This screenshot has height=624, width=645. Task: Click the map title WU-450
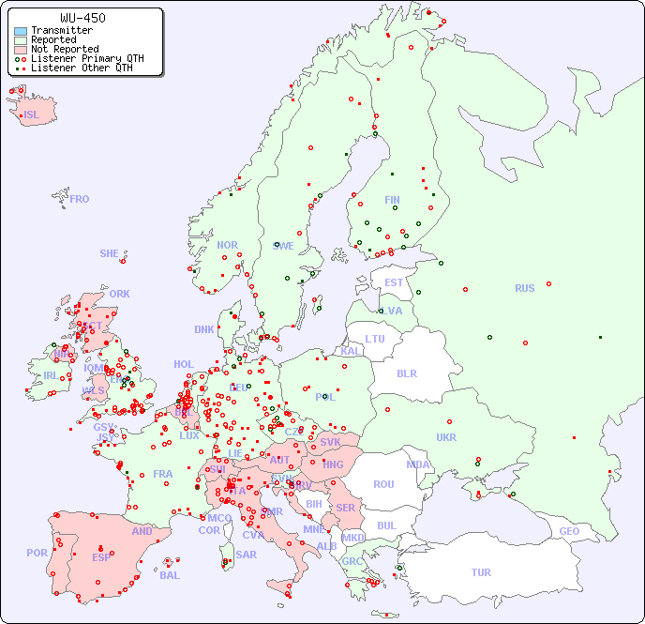point(82,18)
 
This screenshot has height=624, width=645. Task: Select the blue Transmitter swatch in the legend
point(21,30)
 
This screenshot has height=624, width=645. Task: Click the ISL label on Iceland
point(32,115)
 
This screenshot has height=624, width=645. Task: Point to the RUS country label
point(524,288)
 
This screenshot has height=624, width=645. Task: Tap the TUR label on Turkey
point(481,572)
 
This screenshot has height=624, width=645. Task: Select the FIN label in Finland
point(392,200)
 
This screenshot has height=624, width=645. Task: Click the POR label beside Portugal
point(37,553)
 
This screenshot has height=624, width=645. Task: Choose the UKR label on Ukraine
point(446,437)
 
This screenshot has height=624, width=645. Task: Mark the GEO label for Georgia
point(569,531)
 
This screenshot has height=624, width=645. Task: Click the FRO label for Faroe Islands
point(80,199)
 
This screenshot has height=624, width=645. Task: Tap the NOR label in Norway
point(227,245)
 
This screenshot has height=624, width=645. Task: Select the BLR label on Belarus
point(406,373)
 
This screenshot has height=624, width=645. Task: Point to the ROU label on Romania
point(383,484)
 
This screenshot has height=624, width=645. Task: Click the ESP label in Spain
point(101,556)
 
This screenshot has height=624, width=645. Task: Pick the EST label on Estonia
point(394,282)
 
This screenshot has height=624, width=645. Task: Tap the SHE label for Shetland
point(110,253)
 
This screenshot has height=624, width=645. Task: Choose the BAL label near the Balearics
point(169,575)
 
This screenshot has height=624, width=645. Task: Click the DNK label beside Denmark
point(204,329)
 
